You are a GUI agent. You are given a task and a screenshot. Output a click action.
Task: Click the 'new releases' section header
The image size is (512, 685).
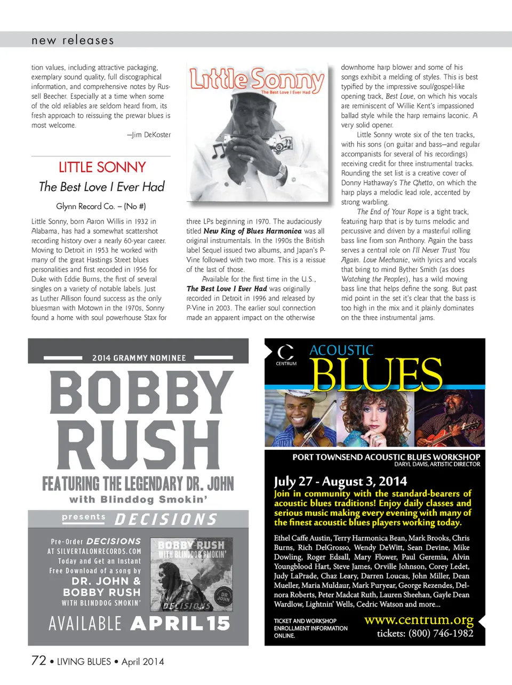[73, 40]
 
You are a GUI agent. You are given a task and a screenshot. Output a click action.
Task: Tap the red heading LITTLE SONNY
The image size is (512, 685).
[102, 167]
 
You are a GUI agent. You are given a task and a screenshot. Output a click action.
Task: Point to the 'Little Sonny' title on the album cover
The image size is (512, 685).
[257, 79]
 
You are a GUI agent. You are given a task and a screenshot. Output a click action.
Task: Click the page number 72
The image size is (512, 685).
[39, 660]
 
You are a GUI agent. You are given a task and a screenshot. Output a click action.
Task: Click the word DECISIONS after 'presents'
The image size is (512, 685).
[166, 520]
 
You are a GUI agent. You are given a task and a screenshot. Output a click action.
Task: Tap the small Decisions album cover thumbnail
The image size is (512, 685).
[192, 574]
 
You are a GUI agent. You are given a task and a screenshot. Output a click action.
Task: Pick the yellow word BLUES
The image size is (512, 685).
[376, 374]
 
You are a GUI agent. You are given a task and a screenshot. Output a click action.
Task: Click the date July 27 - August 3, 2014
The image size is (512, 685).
[340, 481]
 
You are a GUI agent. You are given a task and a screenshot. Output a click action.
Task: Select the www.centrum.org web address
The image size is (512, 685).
[419, 620]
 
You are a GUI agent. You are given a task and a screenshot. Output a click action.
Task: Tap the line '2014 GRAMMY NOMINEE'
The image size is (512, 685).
[139, 357]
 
